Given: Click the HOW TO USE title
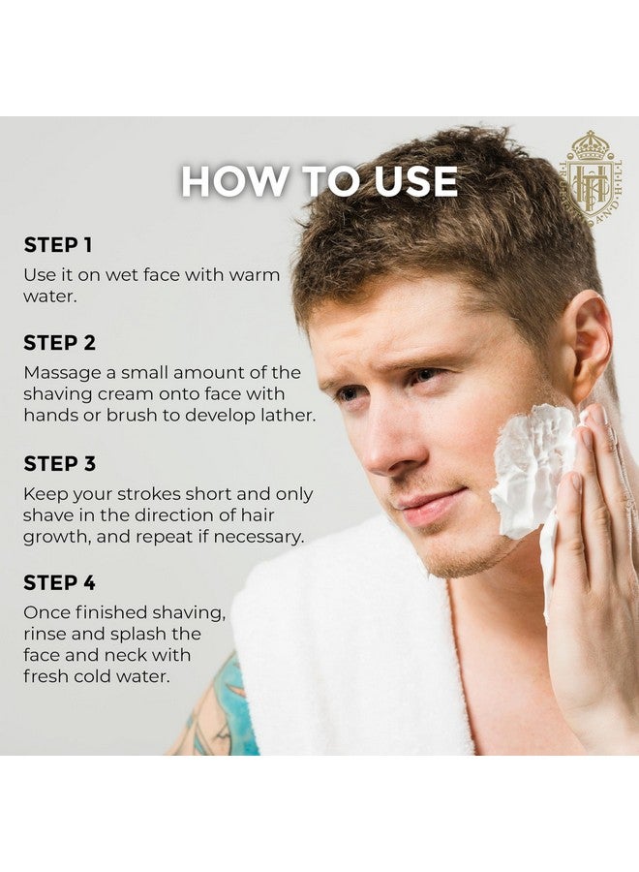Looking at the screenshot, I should point(319,182).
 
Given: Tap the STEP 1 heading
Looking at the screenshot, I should point(58,245).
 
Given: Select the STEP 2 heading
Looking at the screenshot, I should point(60,343).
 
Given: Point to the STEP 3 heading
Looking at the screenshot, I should point(60,464).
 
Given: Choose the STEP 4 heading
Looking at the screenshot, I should point(60,583).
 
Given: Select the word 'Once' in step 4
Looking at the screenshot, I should point(46,612).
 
